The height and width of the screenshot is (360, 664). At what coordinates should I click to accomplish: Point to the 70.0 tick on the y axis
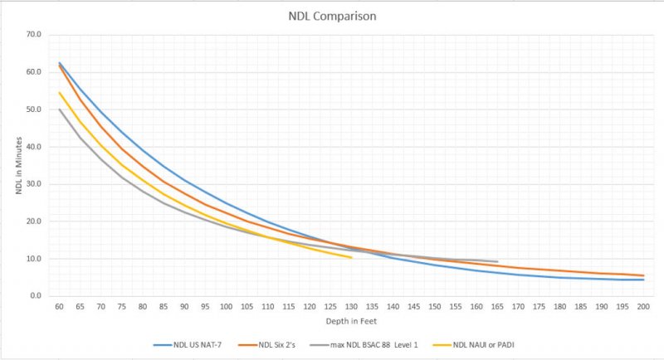coord(34,35)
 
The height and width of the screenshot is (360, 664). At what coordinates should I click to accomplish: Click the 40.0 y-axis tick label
coord(34,147)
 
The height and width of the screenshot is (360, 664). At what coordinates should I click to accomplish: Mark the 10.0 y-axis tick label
coord(34,259)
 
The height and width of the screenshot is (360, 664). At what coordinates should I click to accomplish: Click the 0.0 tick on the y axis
coord(36,296)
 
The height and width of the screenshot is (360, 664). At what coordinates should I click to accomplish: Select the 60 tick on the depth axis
coord(60,306)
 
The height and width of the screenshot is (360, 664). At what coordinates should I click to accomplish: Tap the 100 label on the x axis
coord(227,306)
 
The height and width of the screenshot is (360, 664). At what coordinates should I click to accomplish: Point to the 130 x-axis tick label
coord(352,306)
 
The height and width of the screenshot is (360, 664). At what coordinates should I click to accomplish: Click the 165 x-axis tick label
coord(497,306)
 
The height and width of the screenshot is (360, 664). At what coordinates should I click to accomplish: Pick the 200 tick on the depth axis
coord(643,306)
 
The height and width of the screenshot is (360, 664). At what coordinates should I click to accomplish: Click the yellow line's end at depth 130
coord(352,258)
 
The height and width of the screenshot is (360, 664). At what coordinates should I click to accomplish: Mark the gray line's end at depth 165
coord(497,262)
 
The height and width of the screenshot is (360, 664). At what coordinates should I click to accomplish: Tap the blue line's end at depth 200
coord(643,280)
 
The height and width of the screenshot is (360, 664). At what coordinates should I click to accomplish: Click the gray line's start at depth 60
coord(60,109)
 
